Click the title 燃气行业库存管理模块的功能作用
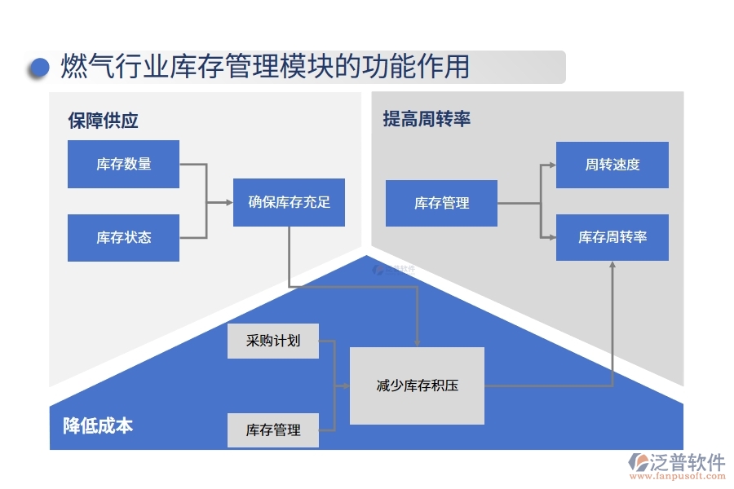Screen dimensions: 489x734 [x=265, y=67]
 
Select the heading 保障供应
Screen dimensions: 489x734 [x=103, y=121]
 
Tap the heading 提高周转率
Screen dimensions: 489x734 [x=427, y=119]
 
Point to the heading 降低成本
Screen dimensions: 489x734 [x=98, y=425]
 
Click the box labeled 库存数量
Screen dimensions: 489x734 [x=123, y=164]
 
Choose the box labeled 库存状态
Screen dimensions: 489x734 [x=123, y=238]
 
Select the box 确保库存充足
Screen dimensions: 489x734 [x=289, y=202]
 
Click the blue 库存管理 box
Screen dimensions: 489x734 [x=441, y=203]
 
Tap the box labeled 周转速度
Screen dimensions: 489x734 [x=612, y=165]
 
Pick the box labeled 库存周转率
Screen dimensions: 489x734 [x=612, y=237]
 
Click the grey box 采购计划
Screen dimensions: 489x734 [x=272, y=341]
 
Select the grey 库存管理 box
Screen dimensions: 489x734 [x=272, y=430]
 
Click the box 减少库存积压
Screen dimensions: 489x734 [x=417, y=385]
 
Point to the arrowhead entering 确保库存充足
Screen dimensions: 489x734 [x=228, y=202]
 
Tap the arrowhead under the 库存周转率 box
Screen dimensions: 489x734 [x=612, y=266]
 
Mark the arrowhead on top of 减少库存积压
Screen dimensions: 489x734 [x=417, y=343]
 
